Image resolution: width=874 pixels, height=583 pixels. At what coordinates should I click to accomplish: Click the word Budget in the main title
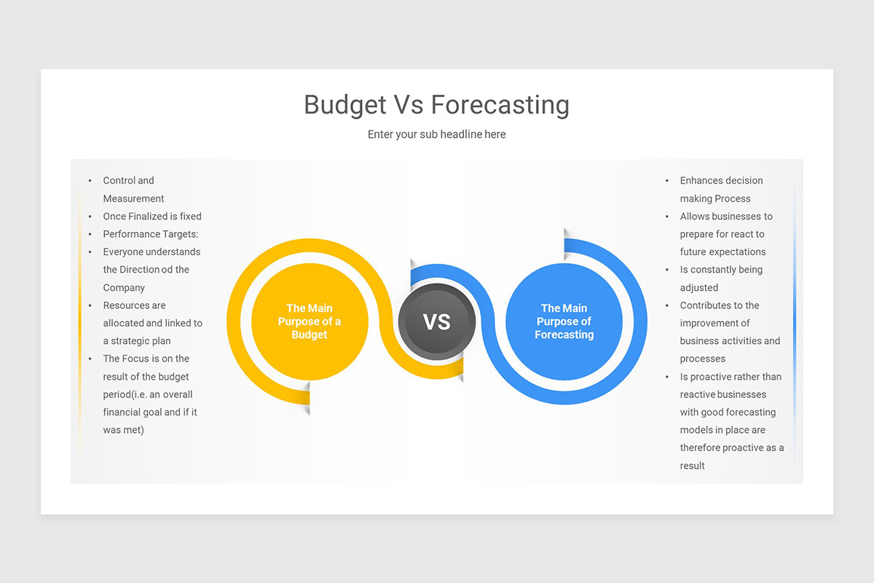[x=345, y=105]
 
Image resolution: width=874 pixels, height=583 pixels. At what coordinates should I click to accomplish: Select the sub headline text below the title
[x=436, y=134]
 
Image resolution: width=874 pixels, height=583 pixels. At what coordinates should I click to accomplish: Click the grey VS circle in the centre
[x=437, y=321]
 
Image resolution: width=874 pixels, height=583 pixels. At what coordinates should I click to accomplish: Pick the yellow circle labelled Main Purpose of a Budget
[x=310, y=321]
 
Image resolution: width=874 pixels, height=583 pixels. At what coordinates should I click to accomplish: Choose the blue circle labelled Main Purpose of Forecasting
[x=564, y=321]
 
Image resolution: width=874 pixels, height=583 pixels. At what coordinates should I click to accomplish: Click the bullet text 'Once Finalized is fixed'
[x=152, y=216]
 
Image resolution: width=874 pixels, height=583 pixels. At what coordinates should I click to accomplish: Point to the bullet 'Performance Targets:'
[x=151, y=234]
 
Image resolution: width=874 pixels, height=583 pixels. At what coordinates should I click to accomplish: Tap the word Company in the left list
[x=124, y=288]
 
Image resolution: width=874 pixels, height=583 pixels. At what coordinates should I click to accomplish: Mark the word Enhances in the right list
[x=703, y=181]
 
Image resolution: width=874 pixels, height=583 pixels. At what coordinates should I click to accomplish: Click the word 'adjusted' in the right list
[x=699, y=288]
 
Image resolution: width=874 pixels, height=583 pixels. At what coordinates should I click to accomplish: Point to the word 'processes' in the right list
[x=703, y=359]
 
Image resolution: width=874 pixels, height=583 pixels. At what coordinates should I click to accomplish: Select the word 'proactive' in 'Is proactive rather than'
[x=714, y=377]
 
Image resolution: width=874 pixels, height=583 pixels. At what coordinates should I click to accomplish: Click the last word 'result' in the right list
[x=693, y=466]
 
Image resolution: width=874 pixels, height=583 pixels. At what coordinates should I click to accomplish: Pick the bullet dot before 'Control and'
[x=90, y=181]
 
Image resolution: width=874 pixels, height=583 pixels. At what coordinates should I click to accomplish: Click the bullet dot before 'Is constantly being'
[x=667, y=270]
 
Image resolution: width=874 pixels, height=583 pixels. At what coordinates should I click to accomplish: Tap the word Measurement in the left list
[x=133, y=198]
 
